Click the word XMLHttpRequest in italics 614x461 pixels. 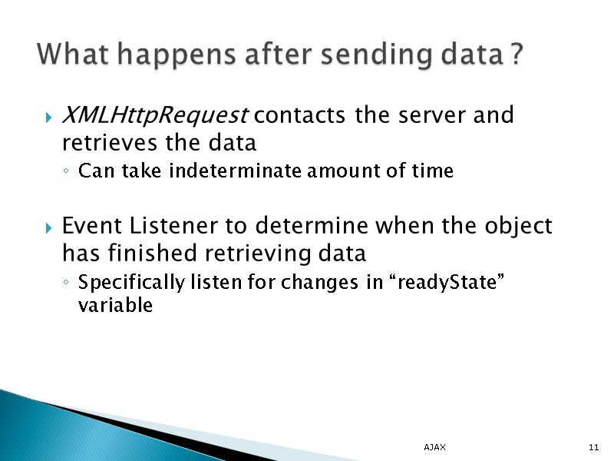point(153,116)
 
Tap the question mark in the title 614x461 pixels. point(517,55)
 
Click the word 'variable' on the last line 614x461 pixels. point(116,305)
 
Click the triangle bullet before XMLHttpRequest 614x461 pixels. point(48,118)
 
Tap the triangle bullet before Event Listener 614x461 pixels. point(48,228)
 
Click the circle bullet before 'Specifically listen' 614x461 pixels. point(68,284)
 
